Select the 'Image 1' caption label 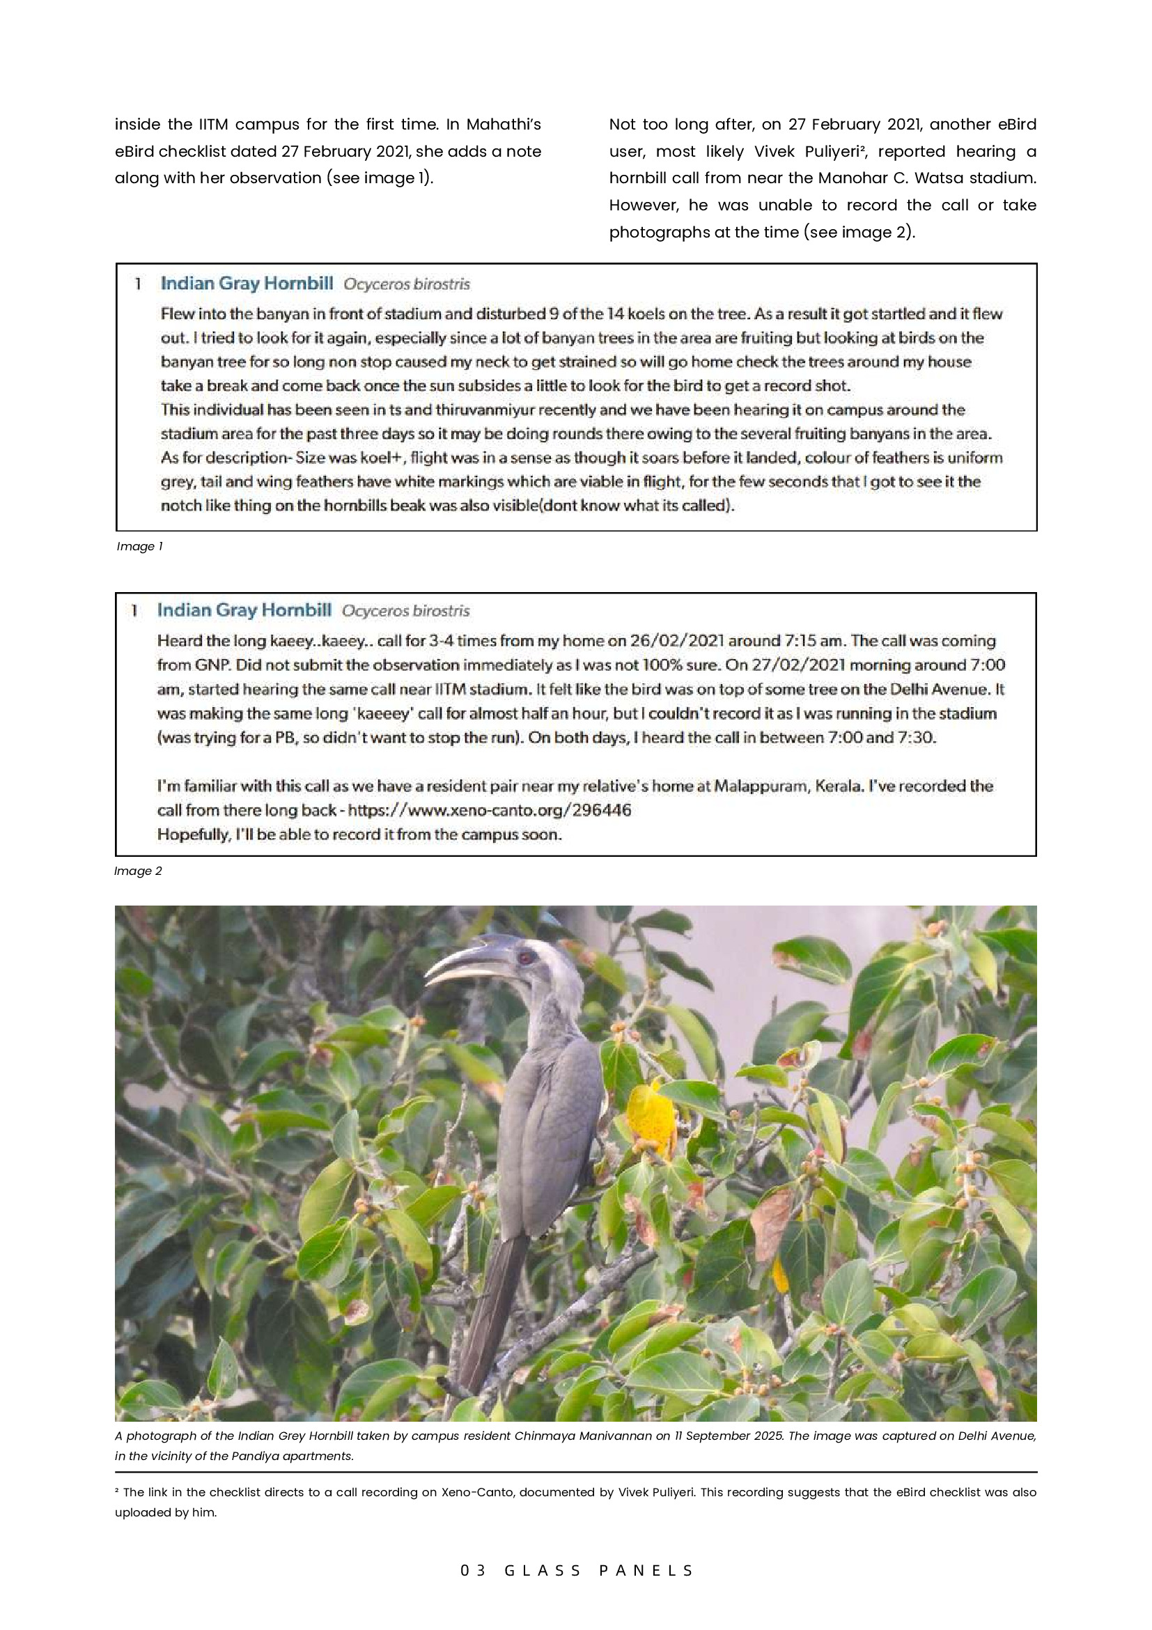140,546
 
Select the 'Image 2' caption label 138,871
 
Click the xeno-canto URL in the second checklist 489,810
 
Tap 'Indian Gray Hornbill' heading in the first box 247,284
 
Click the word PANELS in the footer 646,1570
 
